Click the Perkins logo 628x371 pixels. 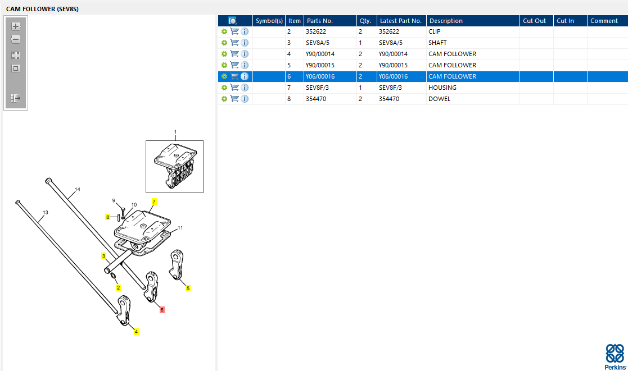coord(615,356)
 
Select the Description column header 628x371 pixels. coord(446,21)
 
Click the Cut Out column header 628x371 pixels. coord(534,21)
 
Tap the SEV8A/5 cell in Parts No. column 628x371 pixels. coord(318,43)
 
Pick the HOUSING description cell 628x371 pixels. coord(442,88)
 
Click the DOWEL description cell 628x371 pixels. coord(439,99)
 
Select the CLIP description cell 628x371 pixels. coord(435,31)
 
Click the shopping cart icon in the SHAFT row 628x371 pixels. coord(234,43)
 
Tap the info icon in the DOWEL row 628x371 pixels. coord(245,99)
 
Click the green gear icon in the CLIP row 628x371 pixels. coord(224,31)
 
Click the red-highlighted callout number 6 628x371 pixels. coord(162,310)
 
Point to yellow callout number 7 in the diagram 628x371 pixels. coord(154,201)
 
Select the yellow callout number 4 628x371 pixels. coord(136,332)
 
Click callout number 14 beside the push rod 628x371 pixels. coord(77,190)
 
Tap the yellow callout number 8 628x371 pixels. coord(107,217)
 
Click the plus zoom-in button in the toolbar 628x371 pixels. coord(16,26)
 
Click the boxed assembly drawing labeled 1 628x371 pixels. coord(175,166)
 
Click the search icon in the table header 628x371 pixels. coord(232,21)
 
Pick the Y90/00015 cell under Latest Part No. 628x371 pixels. coord(394,65)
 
